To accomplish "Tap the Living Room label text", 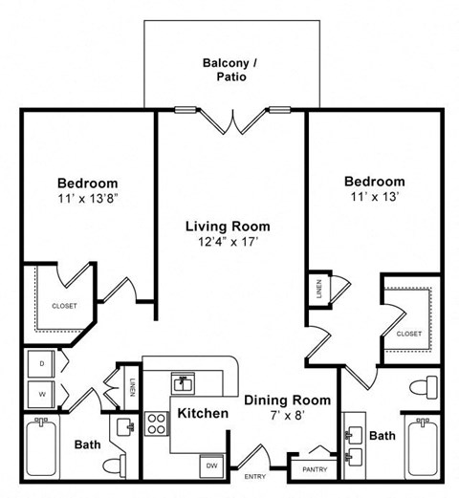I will tap(228, 227).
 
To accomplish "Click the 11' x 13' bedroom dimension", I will tap(373, 196).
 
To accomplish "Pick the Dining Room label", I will tap(287, 401).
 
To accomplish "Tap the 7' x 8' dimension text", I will tap(287, 416).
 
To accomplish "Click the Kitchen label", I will tap(202, 414).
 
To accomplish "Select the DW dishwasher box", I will tap(210, 466).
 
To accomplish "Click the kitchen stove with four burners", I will tap(156, 422).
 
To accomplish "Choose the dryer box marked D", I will tap(42, 363).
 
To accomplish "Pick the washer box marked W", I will tap(42, 391).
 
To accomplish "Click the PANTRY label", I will tap(314, 469).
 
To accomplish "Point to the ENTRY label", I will tap(256, 476).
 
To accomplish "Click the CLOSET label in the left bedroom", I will tap(64, 306).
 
